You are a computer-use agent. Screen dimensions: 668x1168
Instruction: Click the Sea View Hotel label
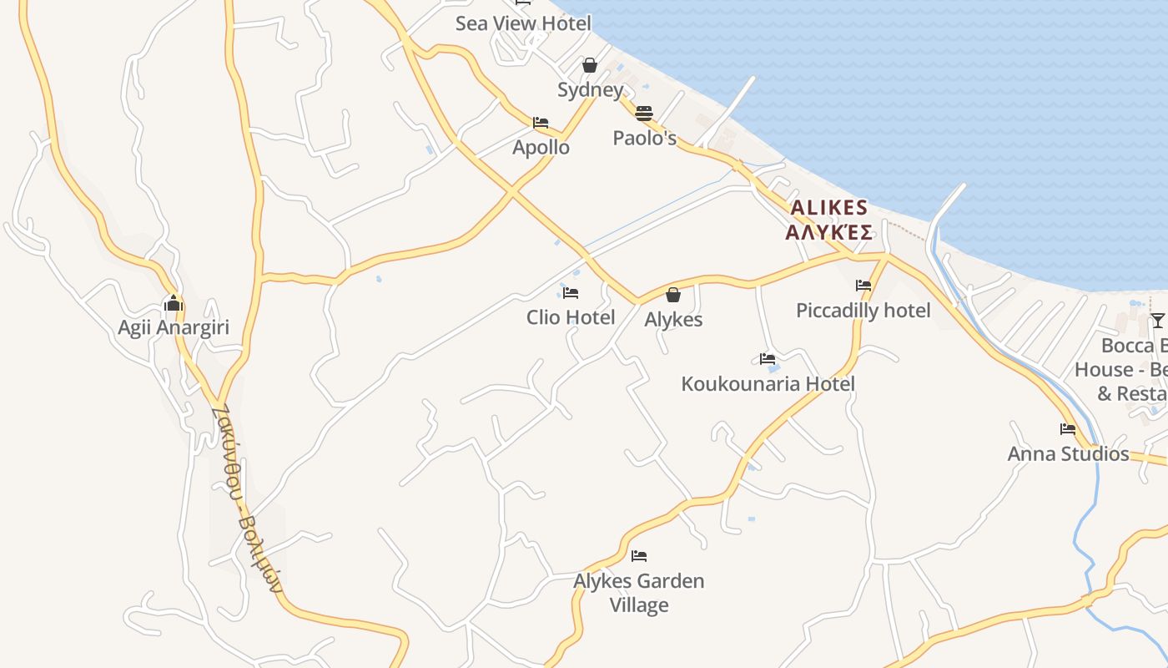pyautogui.click(x=523, y=23)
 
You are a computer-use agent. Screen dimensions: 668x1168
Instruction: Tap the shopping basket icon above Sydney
pyautogui.click(x=590, y=65)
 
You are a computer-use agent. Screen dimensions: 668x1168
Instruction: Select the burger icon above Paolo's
pyautogui.click(x=643, y=114)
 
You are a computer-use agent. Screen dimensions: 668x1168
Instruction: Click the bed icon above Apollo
pyautogui.click(x=541, y=123)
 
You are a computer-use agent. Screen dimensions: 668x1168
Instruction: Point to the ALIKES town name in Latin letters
pyautogui.click(x=829, y=207)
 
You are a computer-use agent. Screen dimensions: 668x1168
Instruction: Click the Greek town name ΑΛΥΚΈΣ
pyautogui.click(x=829, y=232)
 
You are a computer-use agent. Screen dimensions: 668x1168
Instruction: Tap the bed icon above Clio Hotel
pyautogui.click(x=571, y=293)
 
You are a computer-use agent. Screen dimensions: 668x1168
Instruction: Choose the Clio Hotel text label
pyautogui.click(x=571, y=317)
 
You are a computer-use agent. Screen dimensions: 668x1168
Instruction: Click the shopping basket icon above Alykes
pyautogui.click(x=673, y=295)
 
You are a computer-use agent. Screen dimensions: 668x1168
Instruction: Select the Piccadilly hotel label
pyautogui.click(x=863, y=311)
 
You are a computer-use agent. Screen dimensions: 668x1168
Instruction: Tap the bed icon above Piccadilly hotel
pyautogui.click(x=863, y=286)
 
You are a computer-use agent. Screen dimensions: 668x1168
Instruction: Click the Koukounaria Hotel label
pyautogui.click(x=768, y=384)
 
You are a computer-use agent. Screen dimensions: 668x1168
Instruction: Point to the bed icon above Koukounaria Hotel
pyautogui.click(x=768, y=359)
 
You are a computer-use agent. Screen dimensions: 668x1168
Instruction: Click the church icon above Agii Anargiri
pyautogui.click(x=174, y=303)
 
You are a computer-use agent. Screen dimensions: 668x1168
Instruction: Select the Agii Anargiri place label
pyautogui.click(x=174, y=327)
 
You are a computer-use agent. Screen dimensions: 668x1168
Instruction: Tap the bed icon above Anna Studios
pyautogui.click(x=1068, y=429)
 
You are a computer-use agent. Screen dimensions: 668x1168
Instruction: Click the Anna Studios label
pyautogui.click(x=1068, y=454)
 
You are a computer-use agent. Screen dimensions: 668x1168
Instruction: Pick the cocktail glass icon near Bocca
pyautogui.click(x=1157, y=321)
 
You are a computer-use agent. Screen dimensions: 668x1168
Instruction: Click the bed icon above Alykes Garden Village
pyautogui.click(x=639, y=555)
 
